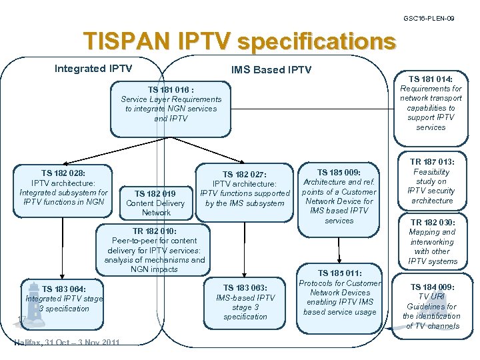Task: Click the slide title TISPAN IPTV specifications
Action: coord(239,41)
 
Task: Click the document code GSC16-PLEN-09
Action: coord(429,19)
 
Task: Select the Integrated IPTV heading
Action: coord(93,69)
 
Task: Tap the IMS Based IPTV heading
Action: coord(271,69)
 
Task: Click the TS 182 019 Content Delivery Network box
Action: coord(155,203)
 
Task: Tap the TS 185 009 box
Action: coord(339,196)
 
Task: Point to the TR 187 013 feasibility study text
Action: coord(431,181)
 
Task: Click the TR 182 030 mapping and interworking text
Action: coord(431,241)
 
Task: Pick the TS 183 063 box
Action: coord(245,302)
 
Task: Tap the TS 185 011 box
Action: coord(339,293)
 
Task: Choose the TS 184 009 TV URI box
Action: coord(431,307)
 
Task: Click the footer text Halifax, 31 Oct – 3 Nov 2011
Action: coord(67,343)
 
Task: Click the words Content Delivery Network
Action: coord(155,208)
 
